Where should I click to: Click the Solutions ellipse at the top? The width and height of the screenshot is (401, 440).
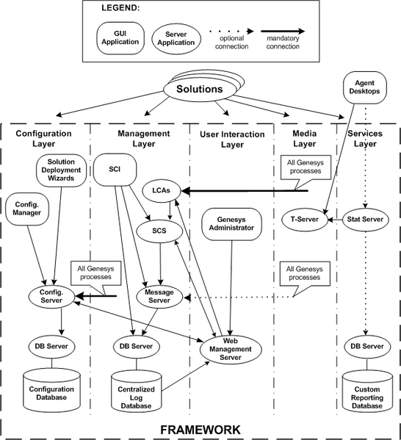[x=200, y=90]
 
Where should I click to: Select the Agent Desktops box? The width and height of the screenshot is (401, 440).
[x=365, y=87]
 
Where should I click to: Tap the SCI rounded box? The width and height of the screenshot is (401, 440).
[x=115, y=170]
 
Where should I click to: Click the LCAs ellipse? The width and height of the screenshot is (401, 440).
[x=162, y=190]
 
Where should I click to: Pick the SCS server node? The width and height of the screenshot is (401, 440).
[x=159, y=231]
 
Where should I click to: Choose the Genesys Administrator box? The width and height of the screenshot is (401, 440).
[x=232, y=224]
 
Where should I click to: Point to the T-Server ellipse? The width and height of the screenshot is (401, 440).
[x=305, y=220]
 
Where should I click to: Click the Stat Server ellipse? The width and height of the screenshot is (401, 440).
[x=365, y=220]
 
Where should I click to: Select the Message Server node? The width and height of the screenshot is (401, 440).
[x=159, y=296]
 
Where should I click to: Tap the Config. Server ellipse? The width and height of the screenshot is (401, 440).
[x=51, y=296]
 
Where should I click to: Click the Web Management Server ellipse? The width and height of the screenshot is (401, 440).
[x=231, y=350]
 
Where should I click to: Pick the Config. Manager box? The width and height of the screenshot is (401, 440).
[x=27, y=209]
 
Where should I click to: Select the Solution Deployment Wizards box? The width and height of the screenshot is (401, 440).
[x=61, y=170]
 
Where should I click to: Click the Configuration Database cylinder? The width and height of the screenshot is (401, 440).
[x=51, y=389]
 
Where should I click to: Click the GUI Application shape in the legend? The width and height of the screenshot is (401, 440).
[x=120, y=38]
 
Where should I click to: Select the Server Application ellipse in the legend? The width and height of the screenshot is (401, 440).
[x=176, y=39]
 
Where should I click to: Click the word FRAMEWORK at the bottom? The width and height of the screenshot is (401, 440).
[x=201, y=430]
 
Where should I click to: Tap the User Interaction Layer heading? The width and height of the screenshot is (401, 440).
[x=232, y=139]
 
